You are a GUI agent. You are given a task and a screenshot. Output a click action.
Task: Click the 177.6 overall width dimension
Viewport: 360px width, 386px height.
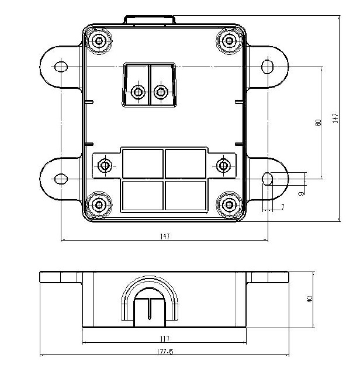(x=165, y=352)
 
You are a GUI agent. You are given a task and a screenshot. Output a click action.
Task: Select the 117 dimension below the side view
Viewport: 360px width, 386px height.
(x=165, y=339)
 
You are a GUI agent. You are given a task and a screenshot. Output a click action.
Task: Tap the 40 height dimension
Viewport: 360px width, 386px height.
(x=310, y=299)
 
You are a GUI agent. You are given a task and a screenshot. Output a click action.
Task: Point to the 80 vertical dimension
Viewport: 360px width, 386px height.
(x=318, y=123)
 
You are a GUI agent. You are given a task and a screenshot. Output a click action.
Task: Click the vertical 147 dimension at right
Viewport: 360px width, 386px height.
(x=335, y=119)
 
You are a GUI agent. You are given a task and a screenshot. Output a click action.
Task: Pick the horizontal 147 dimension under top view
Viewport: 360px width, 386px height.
(x=165, y=237)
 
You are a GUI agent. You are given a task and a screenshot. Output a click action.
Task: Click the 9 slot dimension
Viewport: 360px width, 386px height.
(x=301, y=194)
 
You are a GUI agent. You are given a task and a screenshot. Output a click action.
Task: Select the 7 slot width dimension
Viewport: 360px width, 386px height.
(x=283, y=207)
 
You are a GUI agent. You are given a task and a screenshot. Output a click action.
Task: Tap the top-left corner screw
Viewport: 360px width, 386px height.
(x=99, y=41)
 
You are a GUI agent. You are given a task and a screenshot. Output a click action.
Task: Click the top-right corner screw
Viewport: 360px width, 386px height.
(x=230, y=41)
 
